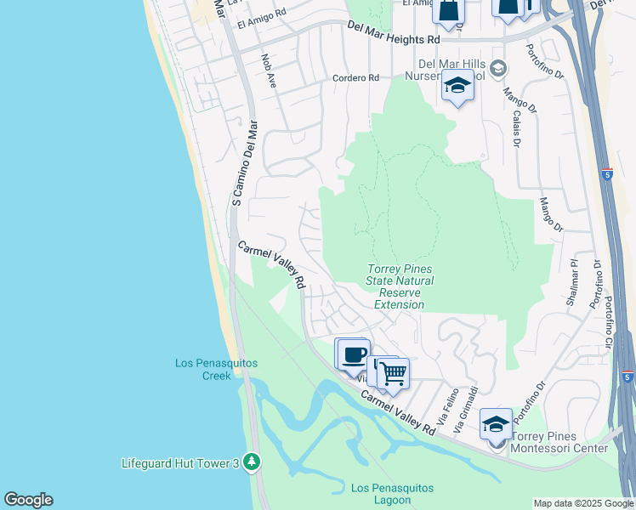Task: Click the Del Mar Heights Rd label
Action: point(394,39)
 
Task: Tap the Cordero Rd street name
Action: point(356,78)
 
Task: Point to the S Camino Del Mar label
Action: point(244,162)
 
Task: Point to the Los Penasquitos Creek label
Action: point(216,369)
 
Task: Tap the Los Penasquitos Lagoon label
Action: point(392,494)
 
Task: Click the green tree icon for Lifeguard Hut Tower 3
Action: point(251,462)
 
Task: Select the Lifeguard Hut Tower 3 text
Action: point(180,463)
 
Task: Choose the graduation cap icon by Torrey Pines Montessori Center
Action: point(495,422)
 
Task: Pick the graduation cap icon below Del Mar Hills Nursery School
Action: point(457,85)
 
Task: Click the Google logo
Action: point(28,500)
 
